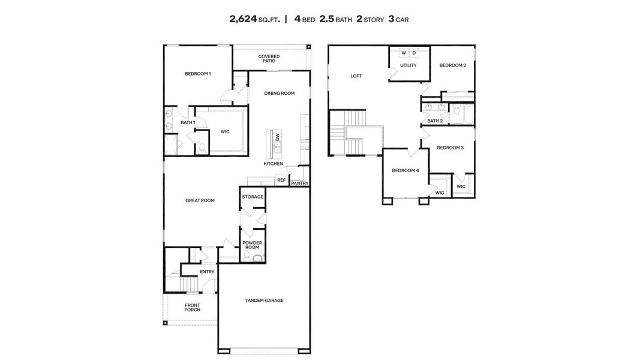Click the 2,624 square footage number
click(244, 19)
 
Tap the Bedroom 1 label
click(197, 74)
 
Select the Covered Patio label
click(269, 59)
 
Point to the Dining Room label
click(280, 93)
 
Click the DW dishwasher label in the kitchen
click(277, 137)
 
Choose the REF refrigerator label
click(281, 179)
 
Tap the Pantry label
click(299, 184)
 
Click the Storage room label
click(253, 197)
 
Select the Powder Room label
click(251, 245)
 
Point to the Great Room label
click(200, 200)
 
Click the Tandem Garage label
click(264, 300)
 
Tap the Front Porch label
click(192, 308)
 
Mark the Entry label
click(207, 272)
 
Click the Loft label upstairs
click(356, 76)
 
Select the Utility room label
click(408, 65)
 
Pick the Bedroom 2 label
click(452, 65)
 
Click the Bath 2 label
click(435, 121)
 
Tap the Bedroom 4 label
click(405, 170)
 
